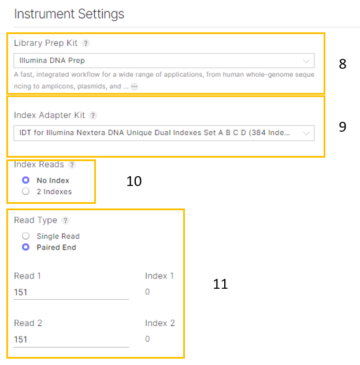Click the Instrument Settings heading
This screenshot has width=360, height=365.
pos(68,13)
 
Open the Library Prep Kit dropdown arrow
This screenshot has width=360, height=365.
pos(306,60)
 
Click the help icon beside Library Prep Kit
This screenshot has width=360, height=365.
pos(86,43)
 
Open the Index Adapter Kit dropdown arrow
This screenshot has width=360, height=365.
pos(306,133)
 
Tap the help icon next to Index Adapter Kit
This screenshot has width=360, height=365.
pos(93,116)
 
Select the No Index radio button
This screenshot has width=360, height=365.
pos(25,180)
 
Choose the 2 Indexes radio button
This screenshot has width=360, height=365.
pos(25,192)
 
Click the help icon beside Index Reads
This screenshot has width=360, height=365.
pos(72,165)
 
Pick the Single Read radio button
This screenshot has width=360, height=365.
pos(25,236)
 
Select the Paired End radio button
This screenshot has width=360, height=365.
pos(25,247)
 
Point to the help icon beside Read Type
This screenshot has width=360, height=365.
pos(65,220)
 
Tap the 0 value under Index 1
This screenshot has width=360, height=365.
pos(147,292)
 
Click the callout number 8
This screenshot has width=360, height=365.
pos(343,64)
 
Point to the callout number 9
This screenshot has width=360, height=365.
pos(343,126)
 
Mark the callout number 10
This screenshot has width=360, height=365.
pos(134,181)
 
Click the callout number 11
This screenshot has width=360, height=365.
pos(220,284)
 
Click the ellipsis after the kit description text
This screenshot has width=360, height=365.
pos(134,86)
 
